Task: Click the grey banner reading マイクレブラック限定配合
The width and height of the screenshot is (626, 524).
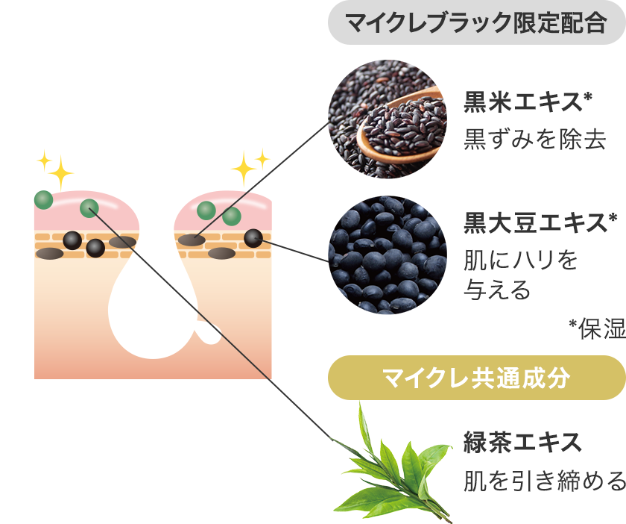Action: click(x=477, y=22)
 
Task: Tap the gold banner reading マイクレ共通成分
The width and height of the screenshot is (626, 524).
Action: click(x=477, y=378)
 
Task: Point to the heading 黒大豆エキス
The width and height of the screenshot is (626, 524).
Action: click(x=540, y=222)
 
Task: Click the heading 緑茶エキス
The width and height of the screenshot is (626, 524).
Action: click(x=522, y=442)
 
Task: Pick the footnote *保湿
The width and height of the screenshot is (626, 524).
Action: click(x=597, y=328)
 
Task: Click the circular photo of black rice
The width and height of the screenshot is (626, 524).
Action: click(x=388, y=119)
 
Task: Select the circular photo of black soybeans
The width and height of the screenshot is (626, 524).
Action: click(x=388, y=255)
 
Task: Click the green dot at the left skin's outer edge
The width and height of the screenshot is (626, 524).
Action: click(x=43, y=199)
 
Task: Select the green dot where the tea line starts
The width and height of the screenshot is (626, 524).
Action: click(x=89, y=208)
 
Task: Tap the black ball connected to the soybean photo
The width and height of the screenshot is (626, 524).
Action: click(x=253, y=238)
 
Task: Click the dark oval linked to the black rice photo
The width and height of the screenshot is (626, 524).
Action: click(x=192, y=240)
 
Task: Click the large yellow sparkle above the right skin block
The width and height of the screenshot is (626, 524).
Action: click(x=243, y=169)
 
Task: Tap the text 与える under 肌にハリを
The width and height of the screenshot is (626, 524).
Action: click(x=496, y=290)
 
